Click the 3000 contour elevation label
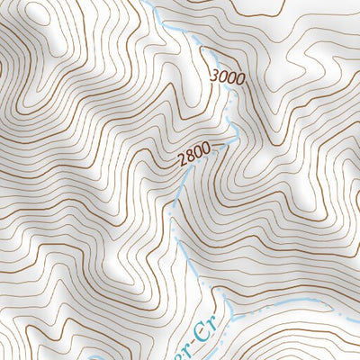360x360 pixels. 227,77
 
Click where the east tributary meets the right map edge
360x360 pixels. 358,310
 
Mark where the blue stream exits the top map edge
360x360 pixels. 144,2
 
